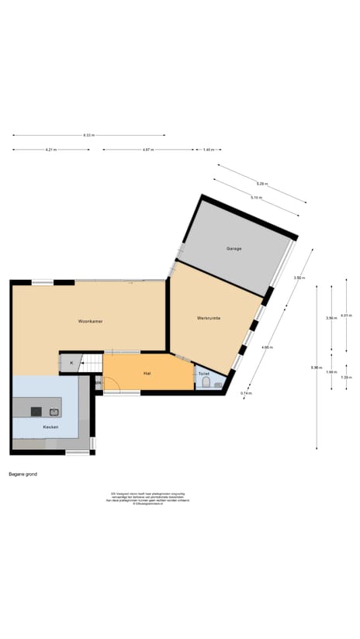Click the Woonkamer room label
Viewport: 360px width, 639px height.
coord(91,320)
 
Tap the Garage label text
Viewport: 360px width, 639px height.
coord(234,248)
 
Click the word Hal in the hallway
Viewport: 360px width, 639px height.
coord(147,373)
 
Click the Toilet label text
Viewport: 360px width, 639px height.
coord(204,373)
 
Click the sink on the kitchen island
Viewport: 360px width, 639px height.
coord(54,411)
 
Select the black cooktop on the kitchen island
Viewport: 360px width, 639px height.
coord(36,411)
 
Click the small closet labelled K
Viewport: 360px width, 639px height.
coord(71,363)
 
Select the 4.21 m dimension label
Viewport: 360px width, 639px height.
coord(50,149)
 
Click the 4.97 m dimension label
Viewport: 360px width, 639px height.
coord(147,149)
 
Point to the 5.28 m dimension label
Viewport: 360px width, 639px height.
coord(261,183)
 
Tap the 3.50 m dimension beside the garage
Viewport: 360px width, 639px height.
coord(298,278)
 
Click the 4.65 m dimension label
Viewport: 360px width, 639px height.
coord(267,347)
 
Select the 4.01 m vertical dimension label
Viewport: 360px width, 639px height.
coord(346,315)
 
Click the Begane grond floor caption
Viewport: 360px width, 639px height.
coord(22,473)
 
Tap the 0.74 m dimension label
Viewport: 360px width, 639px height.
coord(245,393)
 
